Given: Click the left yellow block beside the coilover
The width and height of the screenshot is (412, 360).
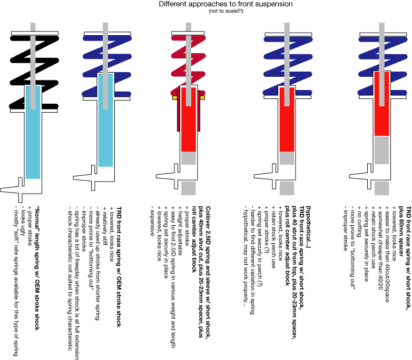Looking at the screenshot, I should pos(174,98).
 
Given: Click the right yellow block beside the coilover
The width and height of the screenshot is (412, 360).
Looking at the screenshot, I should pos(202,98).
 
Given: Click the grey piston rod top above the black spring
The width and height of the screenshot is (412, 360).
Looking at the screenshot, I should pos(33,26).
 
